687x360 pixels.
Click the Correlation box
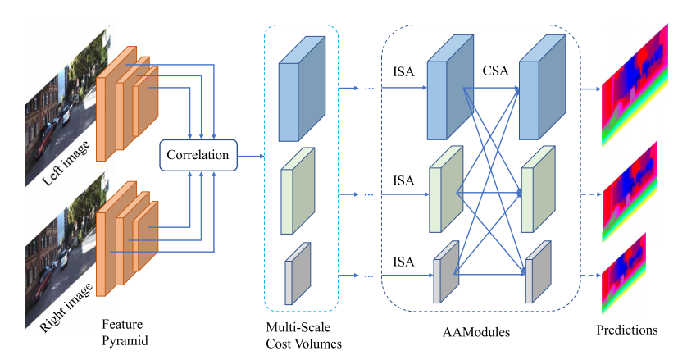198,154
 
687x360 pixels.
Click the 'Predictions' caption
628,330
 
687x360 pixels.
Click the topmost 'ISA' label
403,71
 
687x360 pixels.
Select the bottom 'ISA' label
403,262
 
